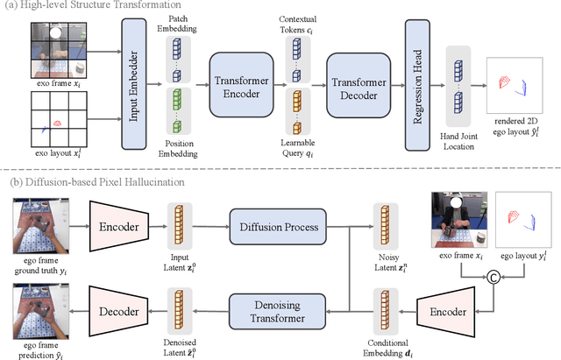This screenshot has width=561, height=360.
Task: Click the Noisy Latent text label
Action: (x=386, y=268)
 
